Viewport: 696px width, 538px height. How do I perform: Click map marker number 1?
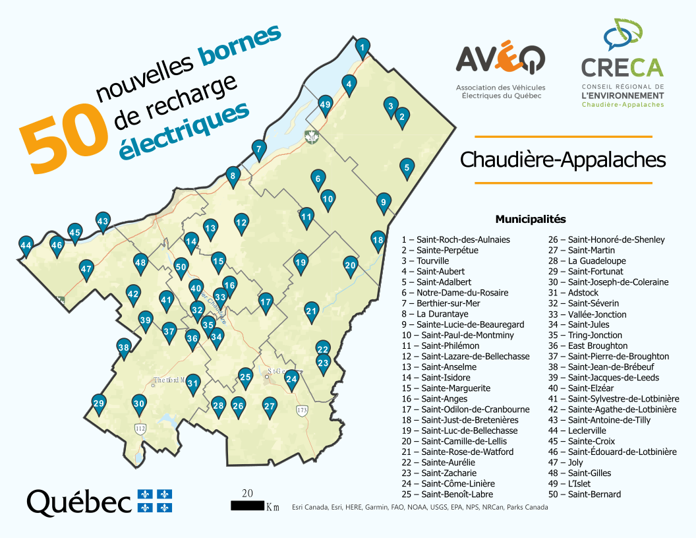[362, 47]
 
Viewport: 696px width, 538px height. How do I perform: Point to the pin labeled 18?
[378, 240]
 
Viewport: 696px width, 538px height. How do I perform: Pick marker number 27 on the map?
[269, 406]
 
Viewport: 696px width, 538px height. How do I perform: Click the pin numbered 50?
[181, 267]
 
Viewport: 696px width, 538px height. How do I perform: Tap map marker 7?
[259, 149]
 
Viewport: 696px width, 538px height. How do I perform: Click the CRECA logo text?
[622, 67]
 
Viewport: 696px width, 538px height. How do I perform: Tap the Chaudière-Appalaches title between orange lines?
[563, 160]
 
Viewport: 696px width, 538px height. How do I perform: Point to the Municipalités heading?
[530, 219]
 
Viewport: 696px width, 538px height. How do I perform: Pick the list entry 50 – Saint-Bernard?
[585, 494]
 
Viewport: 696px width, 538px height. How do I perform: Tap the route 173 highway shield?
[303, 411]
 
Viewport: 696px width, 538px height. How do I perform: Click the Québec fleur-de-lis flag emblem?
[154, 501]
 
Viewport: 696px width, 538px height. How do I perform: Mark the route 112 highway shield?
[140, 429]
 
